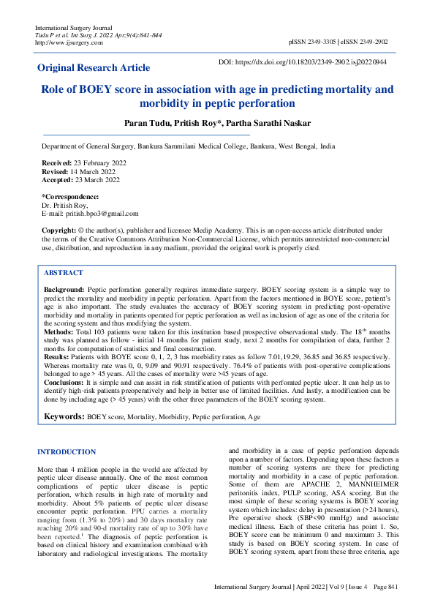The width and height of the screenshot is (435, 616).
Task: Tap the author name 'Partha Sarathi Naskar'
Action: click(270, 122)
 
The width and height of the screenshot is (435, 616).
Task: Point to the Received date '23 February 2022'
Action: click(94, 162)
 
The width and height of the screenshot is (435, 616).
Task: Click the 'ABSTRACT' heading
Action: click(64, 273)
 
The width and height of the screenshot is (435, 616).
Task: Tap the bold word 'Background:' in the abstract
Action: click(64, 290)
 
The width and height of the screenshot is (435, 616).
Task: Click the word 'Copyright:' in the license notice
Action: click(59, 230)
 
